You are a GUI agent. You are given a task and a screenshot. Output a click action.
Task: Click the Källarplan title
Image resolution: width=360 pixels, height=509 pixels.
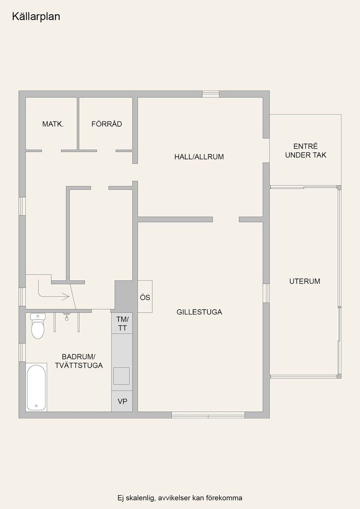click(36, 16)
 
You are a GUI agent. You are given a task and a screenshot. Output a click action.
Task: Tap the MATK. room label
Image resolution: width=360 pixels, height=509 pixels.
click(53, 124)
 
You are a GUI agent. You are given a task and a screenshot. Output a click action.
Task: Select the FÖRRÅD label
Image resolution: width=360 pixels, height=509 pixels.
click(106, 124)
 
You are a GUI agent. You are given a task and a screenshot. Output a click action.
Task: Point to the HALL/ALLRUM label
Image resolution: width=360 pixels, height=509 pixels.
click(199, 157)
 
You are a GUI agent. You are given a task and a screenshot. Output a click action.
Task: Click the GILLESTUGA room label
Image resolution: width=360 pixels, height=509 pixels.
click(199, 312)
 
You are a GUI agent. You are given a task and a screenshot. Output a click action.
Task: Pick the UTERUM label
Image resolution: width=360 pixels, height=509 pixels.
click(305, 281)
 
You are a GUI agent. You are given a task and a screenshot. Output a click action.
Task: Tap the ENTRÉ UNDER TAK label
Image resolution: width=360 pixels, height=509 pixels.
click(306, 150)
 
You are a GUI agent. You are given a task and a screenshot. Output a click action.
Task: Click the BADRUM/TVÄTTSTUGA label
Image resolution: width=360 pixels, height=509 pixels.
click(79, 361)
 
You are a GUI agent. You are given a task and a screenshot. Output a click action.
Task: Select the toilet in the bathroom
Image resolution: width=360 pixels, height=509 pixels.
click(38, 326)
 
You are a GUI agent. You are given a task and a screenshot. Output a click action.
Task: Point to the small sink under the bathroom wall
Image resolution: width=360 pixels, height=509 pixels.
click(66, 316)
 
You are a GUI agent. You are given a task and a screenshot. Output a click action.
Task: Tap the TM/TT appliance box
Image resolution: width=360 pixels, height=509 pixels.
click(122, 323)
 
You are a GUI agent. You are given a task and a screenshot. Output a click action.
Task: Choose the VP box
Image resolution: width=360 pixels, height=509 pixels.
click(122, 401)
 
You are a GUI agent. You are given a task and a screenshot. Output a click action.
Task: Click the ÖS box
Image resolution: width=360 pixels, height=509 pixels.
click(145, 296)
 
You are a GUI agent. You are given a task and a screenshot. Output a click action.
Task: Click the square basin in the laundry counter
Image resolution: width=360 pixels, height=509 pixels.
click(121, 376)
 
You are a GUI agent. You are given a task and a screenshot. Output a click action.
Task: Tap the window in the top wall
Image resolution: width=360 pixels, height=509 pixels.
click(211, 94)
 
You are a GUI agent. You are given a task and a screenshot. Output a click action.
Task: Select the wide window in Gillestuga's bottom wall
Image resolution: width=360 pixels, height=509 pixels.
click(208, 415)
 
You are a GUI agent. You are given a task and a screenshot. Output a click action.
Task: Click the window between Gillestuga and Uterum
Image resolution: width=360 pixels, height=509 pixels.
click(266, 293)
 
